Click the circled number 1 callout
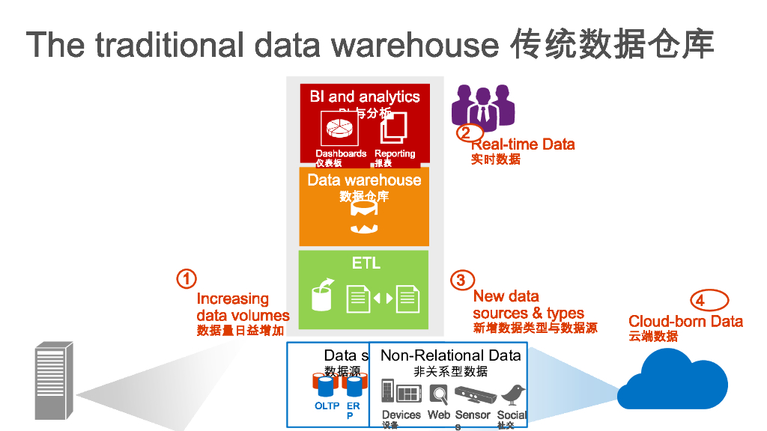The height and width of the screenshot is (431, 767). point(186,279)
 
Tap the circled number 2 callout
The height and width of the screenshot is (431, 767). point(465,133)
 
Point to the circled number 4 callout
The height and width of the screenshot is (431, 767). point(700,300)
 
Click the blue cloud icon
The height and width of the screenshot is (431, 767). point(673,382)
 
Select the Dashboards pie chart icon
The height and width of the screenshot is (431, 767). point(339,129)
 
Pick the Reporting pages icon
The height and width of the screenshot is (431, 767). point(393,128)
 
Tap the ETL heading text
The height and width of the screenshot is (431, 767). point(366,263)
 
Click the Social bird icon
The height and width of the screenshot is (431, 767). point(512,394)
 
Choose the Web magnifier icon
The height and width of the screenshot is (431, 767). point(439,394)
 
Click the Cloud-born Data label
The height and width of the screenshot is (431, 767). point(685,322)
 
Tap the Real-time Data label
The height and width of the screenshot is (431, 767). point(523,144)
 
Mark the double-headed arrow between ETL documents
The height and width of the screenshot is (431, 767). point(383,299)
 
